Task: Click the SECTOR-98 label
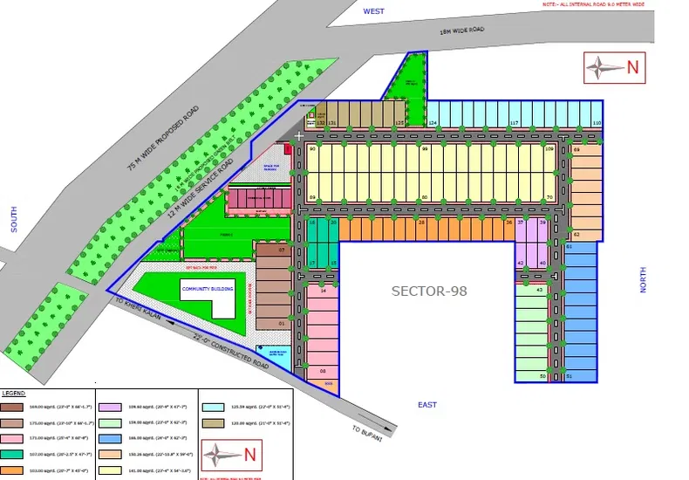429,291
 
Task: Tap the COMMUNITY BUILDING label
204,287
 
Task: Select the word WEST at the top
374,11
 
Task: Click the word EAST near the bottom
426,405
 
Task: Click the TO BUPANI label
367,433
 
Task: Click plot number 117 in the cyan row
515,124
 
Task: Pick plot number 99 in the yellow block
425,149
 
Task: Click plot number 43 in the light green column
540,290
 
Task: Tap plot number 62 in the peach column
576,235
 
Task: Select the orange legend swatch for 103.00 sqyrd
12,470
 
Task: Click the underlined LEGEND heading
13,394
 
